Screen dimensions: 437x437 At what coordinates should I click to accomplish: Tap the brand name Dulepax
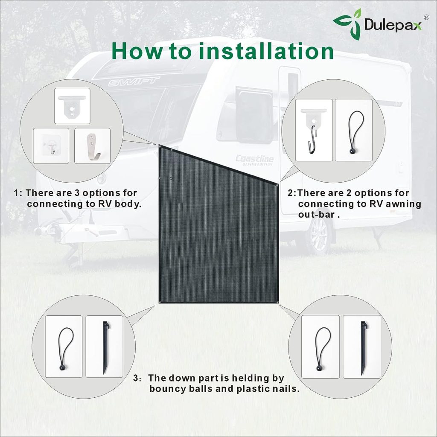point(393,24)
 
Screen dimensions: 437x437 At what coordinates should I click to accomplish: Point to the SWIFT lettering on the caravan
point(133,81)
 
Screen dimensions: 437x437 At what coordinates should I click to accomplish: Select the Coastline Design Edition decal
point(255,160)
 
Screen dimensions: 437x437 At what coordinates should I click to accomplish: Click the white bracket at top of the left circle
point(72,106)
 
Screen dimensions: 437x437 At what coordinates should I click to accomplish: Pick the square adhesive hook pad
point(51,146)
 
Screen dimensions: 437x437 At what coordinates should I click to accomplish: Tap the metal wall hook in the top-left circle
point(92,146)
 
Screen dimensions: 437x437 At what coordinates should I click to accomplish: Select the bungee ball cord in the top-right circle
point(353,130)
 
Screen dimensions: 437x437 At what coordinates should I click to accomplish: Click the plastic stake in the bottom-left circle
point(104,347)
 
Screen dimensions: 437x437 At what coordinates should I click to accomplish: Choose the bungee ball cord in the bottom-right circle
point(320,347)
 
